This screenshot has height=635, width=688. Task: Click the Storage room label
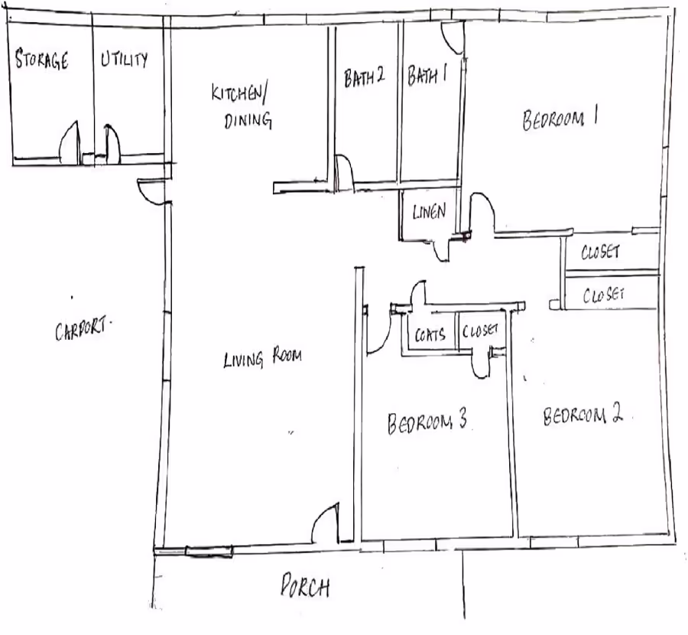(x=42, y=60)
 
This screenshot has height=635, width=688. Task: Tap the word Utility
(x=125, y=60)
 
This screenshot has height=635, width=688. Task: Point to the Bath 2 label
(x=362, y=77)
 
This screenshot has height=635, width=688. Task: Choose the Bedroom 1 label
(x=560, y=120)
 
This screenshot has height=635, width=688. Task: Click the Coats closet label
(x=430, y=334)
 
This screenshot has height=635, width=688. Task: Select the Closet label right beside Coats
(x=480, y=331)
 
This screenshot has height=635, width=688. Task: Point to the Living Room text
(x=262, y=357)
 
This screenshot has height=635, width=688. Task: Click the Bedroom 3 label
(x=427, y=422)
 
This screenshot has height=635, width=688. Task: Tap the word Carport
(x=83, y=331)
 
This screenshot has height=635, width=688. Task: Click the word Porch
(x=304, y=588)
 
